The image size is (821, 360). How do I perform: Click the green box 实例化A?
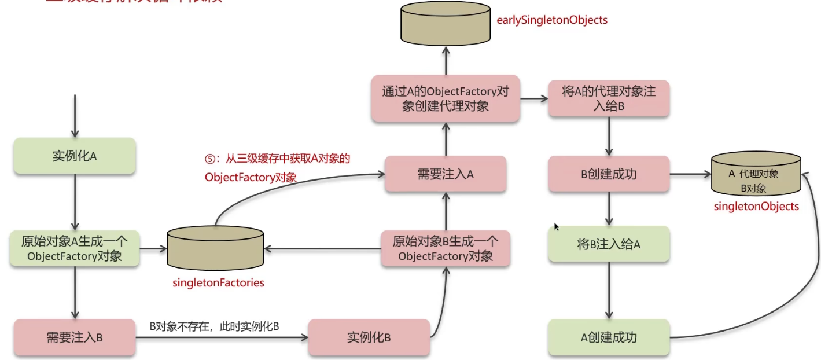tap(74, 156)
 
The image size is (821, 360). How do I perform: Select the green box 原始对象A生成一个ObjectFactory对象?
tap(74, 248)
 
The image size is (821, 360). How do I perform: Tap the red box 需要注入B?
tap(74, 337)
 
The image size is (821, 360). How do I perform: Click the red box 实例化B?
tap(369, 337)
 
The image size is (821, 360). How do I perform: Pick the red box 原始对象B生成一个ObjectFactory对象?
tap(446, 248)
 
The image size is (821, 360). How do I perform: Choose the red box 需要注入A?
tap(446, 174)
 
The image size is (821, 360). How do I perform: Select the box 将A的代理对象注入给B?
tap(608, 98)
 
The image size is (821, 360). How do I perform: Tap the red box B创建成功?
tap(608, 174)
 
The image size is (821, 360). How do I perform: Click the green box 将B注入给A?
tap(608, 244)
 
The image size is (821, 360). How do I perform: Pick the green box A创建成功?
tap(608, 337)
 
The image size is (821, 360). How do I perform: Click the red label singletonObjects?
tap(756, 206)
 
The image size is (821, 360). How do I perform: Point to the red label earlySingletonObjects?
tap(552, 20)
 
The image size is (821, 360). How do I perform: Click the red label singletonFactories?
tap(218, 283)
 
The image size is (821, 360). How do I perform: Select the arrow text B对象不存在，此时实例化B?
tap(215, 326)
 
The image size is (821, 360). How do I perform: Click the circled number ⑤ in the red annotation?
tap(209, 159)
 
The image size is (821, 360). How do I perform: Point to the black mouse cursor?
tap(556, 226)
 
